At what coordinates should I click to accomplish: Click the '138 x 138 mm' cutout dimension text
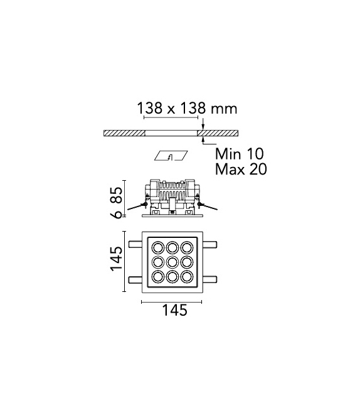click(186, 109)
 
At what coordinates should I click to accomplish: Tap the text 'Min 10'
click(240, 154)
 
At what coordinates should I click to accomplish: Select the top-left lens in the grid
click(156, 245)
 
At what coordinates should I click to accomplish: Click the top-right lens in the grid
click(188, 245)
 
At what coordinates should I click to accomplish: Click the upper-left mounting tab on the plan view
click(135, 243)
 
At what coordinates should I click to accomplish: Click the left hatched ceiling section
click(124, 133)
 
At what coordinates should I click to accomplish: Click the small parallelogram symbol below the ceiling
click(171, 156)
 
